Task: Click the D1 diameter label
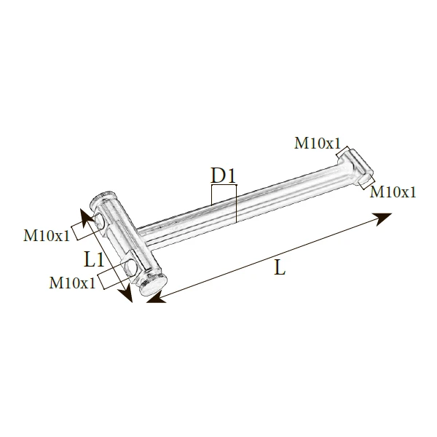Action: point(224,176)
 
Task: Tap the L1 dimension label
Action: point(94,259)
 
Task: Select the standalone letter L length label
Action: point(280,267)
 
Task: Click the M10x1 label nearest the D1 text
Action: point(318,143)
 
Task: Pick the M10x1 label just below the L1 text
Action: point(72,283)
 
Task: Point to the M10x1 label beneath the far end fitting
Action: point(393,192)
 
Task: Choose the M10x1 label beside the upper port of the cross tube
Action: point(47,235)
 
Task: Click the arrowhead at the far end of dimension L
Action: point(383,218)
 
